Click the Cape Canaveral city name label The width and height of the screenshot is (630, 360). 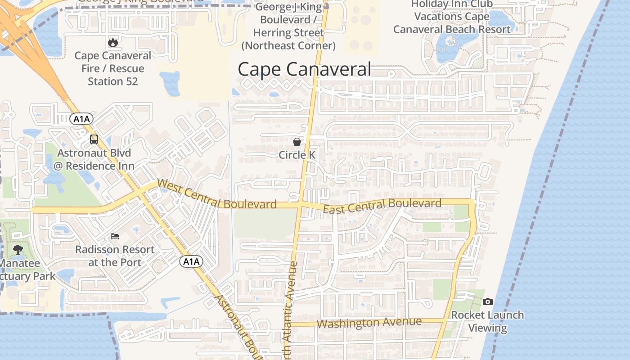[x=304, y=70]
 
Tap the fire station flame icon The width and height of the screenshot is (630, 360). [x=112, y=43]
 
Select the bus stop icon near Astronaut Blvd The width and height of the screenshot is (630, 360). [x=94, y=139]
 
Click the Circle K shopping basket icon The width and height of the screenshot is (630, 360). [x=297, y=142]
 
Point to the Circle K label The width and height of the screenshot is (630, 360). [x=297, y=155]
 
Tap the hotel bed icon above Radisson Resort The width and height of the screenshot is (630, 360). [x=115, y=236]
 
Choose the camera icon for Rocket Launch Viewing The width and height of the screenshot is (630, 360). [x=487, y=301]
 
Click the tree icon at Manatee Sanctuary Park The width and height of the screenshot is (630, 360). [x=18, y=250]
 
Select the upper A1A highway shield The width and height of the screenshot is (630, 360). [x=81, y=119]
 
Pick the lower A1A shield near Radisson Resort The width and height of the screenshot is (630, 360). [x=191, y=261]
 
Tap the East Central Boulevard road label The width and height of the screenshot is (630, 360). [x=382, y=206]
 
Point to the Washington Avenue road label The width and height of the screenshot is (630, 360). [x=369, y=323]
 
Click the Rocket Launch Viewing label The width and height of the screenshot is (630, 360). [x=487, y=321]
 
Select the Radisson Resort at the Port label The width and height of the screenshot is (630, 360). [x=115, y=256]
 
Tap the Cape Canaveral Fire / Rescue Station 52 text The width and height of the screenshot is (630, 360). [x=112, y=68]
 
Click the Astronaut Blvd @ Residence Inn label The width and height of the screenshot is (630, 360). [x=94, y=159]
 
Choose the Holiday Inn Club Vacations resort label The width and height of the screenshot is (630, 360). [x=452, y=17]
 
